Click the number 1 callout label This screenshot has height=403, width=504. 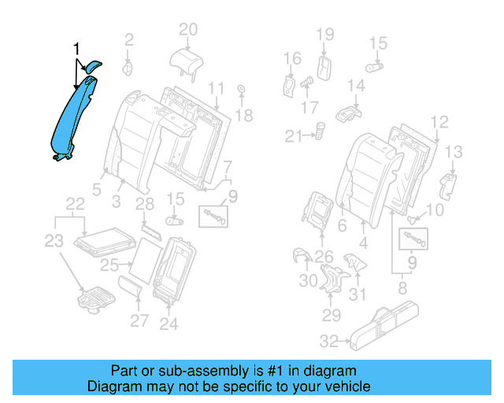click(x=76, y=49)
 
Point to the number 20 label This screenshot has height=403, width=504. click(x=187, y=30)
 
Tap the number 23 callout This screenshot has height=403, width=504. click(x=53, y=242)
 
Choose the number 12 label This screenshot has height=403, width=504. click(x=439, y=121)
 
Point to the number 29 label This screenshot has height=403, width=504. click(x=331, y=315)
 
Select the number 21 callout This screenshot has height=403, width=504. click(x=293, y=136)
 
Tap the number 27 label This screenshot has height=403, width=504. click(x=139, y=320)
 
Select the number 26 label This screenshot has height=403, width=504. click(x=324, y=255)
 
